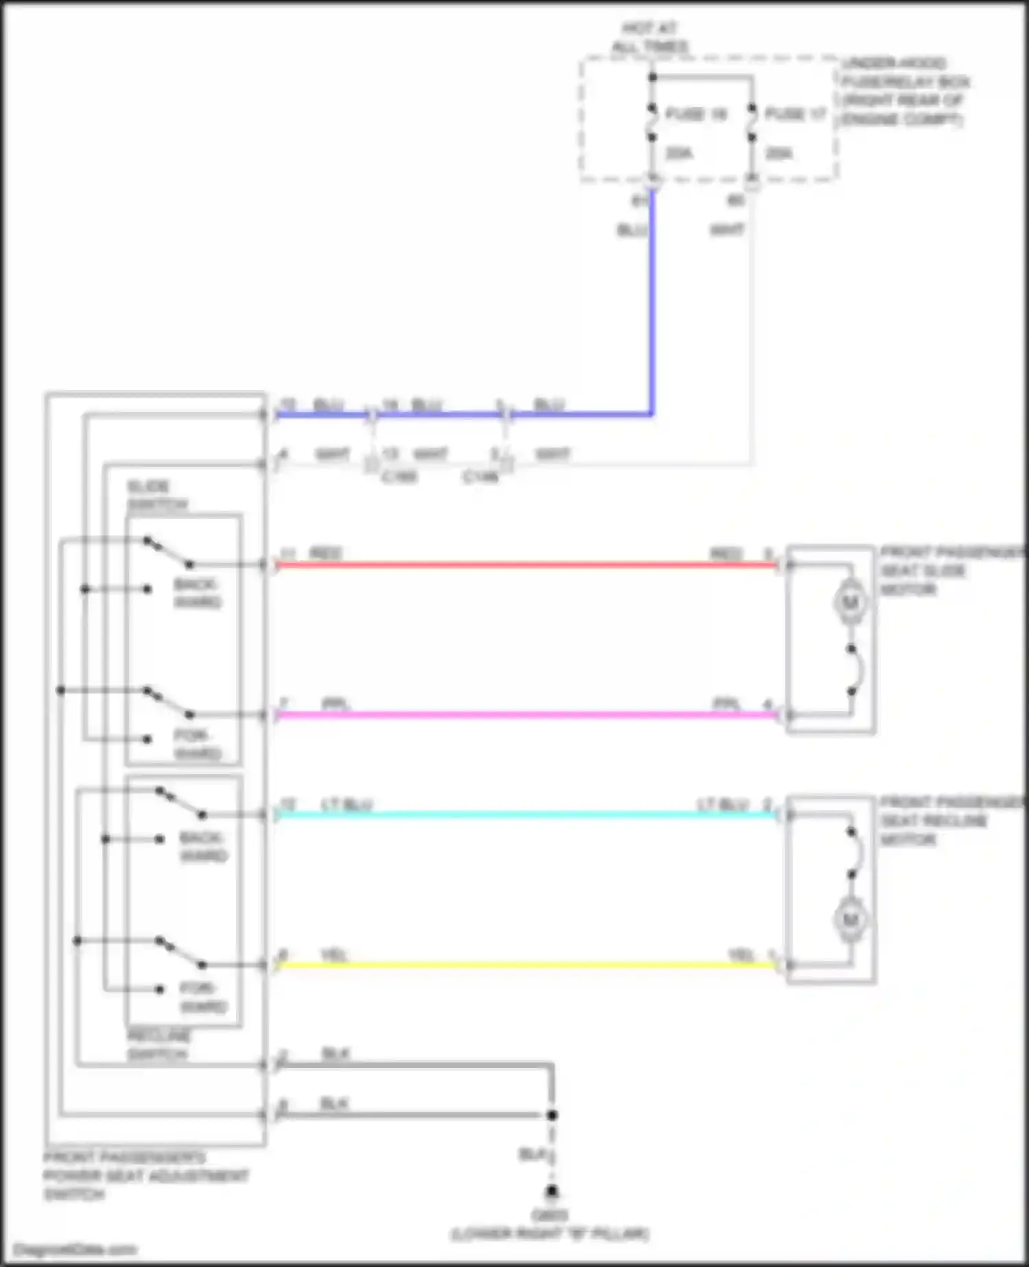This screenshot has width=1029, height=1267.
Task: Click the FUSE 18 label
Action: (x=696, y=114)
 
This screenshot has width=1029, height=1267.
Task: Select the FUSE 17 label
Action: (x=796, y=114)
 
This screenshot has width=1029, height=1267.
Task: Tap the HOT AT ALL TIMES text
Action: (x=649, y=38)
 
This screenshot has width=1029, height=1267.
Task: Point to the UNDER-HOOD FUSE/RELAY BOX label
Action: (x=906, y=91)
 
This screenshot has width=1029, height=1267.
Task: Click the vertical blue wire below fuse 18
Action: (x=652, y=302)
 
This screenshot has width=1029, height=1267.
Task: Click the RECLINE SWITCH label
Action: (x=158, y=1045)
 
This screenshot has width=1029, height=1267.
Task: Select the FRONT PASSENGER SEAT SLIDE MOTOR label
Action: (x=950, y=570)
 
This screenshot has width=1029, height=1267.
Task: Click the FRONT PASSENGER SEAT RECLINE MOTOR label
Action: (x=950, y=821)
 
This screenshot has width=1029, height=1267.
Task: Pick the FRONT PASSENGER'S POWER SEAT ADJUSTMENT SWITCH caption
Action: (x=145, y=1176)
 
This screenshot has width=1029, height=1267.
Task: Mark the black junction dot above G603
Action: (x=552, y=1115)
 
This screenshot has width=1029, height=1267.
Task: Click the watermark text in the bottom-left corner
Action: (x=75, y=1250)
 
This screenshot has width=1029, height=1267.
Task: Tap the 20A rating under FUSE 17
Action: (x=779, y=154)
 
